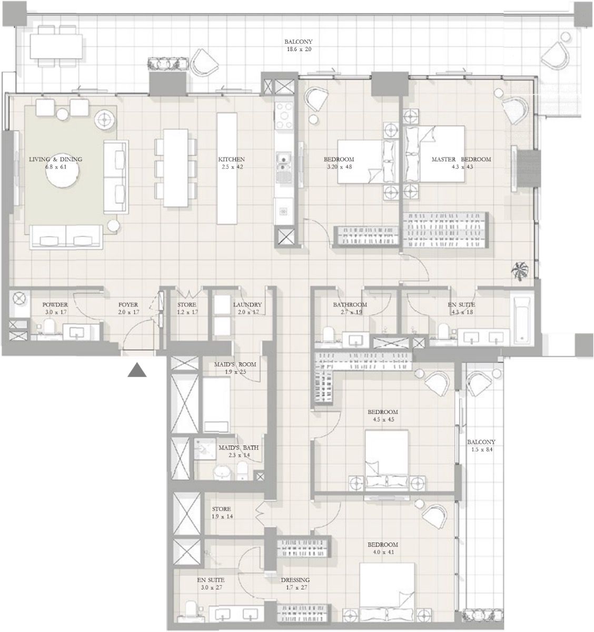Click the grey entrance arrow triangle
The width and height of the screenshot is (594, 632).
[x=137, y=370]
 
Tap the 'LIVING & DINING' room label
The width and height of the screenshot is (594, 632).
[x=56, y=159]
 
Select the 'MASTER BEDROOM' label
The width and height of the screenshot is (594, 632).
[x=461, y=159]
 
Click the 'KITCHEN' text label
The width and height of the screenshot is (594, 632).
[x=231, y=159]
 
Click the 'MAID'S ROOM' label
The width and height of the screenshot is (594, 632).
[x=235, y=364]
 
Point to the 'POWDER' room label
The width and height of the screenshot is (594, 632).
[x=55, y=304]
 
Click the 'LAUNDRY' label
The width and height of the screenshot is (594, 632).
[x=247, y=304]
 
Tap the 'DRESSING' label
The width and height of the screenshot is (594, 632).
[x=295, y=580]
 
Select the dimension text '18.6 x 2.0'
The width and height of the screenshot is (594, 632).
[x=299, y=50]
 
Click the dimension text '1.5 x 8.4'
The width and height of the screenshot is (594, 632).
[x=482, y=450]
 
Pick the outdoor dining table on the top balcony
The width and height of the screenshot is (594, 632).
[x=56, y=46]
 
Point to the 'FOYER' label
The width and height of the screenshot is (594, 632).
[x=128, y=304]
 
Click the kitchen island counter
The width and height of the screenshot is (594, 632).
[x=227, y=169]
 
